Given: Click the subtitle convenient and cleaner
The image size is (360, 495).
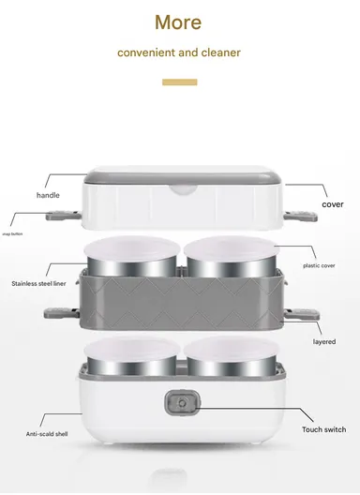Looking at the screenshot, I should pyautogui.click(x=179, y=52).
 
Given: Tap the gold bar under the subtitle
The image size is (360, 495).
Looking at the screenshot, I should pyautogui.click(x=180, y=82).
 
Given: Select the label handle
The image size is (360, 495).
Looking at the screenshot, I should pyautogui.click(x=48, y=195).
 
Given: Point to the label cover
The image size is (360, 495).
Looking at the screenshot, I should pyautogui.click(x=333, y=203).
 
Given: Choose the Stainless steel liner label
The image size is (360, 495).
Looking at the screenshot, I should pyautogui.click(x=38, y=283).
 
